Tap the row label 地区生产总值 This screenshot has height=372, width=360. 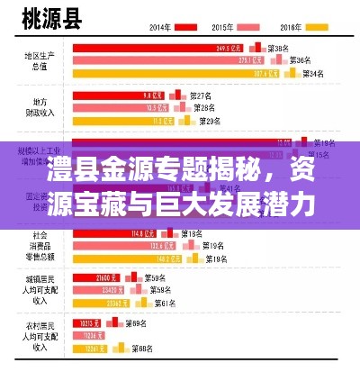coord(38,60)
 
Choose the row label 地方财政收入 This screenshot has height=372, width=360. coord(38,107)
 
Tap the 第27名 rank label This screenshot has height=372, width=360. coord(202,95)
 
